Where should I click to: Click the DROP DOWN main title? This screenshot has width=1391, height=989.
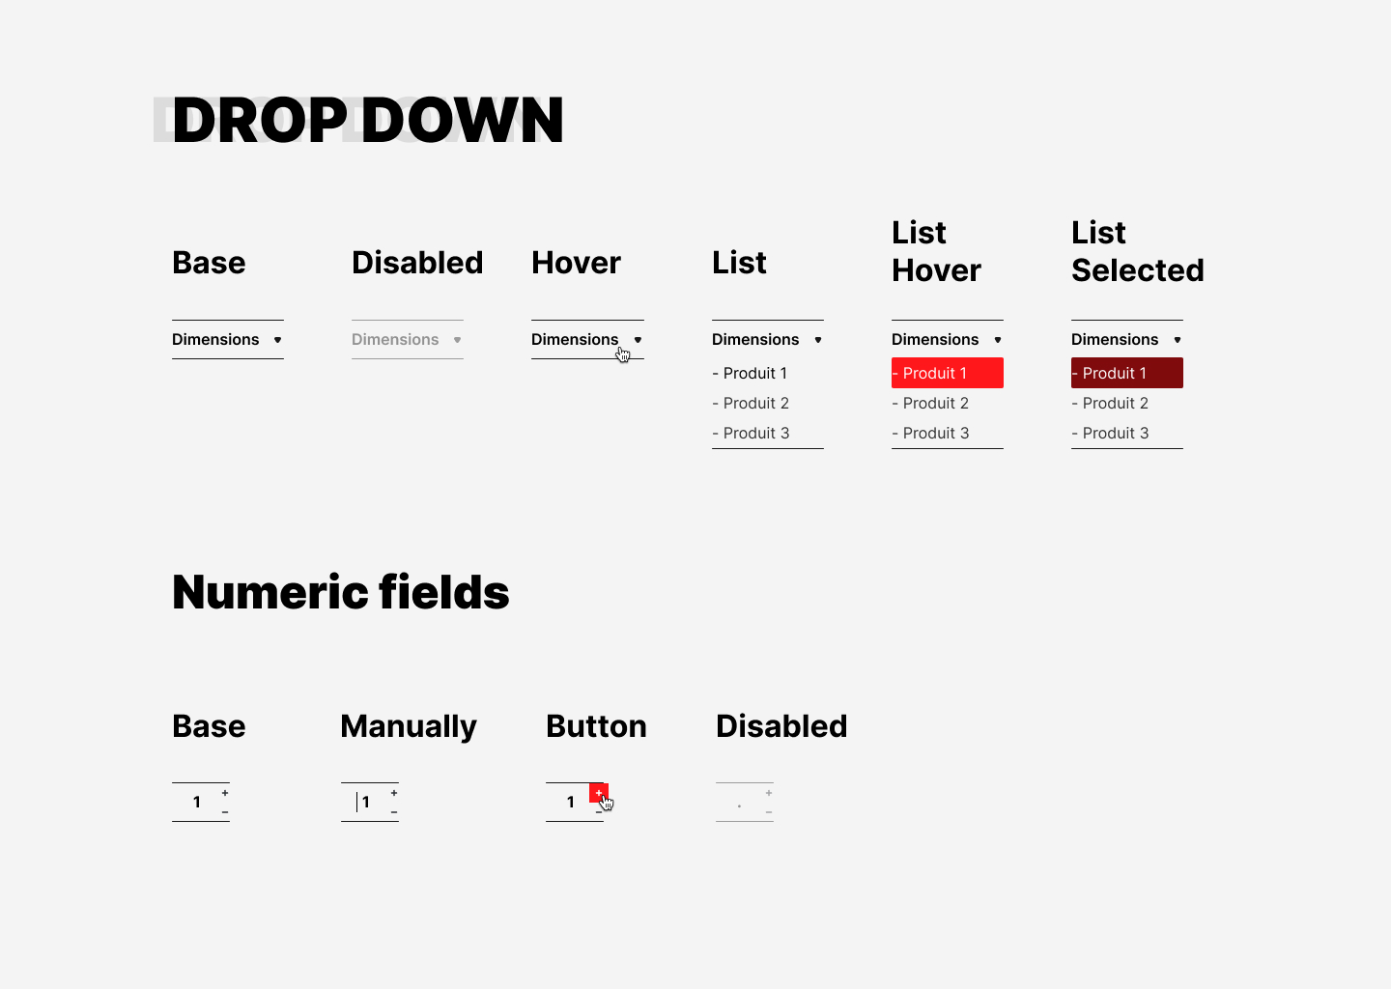point(368,120)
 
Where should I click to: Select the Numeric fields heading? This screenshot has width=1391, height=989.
point(340,592)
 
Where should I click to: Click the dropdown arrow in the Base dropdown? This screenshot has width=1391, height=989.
point(277,340)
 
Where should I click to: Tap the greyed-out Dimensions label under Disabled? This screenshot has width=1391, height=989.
point(395,340)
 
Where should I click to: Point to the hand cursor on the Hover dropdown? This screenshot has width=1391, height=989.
point(623,353)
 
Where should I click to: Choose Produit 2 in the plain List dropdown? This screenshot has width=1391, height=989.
point(751,403)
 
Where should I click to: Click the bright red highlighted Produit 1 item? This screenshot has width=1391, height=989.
point(947,373)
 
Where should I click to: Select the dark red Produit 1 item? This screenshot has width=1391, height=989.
point(1127,373)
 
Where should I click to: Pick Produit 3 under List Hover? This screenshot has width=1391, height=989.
point(930,433)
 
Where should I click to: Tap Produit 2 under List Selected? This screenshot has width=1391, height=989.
point(1110,403)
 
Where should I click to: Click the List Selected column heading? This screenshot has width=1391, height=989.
point(1138,251)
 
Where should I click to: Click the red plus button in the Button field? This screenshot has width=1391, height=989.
point(599,793)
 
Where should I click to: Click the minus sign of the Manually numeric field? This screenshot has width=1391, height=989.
point(394,812)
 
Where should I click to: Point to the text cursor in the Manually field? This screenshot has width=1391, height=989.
point(357,803)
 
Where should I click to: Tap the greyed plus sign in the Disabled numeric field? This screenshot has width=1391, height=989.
point(769,793)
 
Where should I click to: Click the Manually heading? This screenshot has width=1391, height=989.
point(409,727)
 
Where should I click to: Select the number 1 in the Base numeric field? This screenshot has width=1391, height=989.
point(197,803)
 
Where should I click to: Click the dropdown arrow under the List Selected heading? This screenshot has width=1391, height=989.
point(1178,340)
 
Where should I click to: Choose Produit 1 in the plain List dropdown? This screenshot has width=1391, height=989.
point(750,373)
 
